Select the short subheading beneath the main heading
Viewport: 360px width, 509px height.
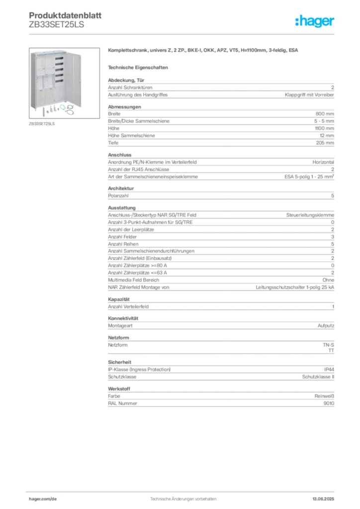click(139, 67)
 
